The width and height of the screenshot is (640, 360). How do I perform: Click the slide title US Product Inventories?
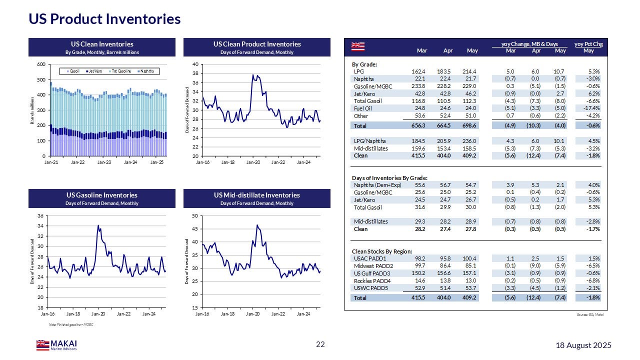[x=104, y=19]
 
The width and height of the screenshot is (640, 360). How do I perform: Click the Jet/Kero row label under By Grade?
[x=364, y=93]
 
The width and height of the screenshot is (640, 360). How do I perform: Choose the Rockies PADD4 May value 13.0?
[x=472, y=280]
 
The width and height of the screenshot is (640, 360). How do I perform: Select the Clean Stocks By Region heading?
[x=382, y=251]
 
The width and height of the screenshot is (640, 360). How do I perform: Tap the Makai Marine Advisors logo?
[x=56, y=345]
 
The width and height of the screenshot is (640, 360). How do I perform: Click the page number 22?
[x=320, y=344]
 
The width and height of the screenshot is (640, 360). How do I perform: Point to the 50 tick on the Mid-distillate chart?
[x=196, y=215]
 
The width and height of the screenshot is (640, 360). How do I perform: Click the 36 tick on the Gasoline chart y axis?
[x=42, y=215]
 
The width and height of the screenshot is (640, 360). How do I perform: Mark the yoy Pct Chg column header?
[x=588, y=44]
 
